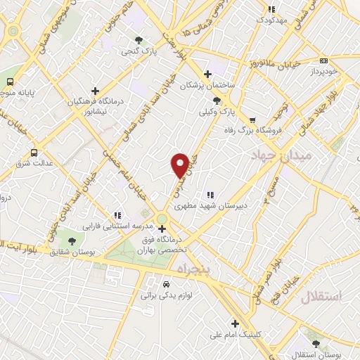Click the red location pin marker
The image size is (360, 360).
pyautogui.click(x=180, y=165)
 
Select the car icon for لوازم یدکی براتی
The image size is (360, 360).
pyautogui.click(x=165, y=285)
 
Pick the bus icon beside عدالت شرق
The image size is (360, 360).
pyautogui.click(x=34, y=153)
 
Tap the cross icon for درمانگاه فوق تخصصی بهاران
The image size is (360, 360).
pyautogui.click(x=162, y=229)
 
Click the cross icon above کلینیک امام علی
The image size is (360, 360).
pyautogui.click(x=235, y=323)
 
